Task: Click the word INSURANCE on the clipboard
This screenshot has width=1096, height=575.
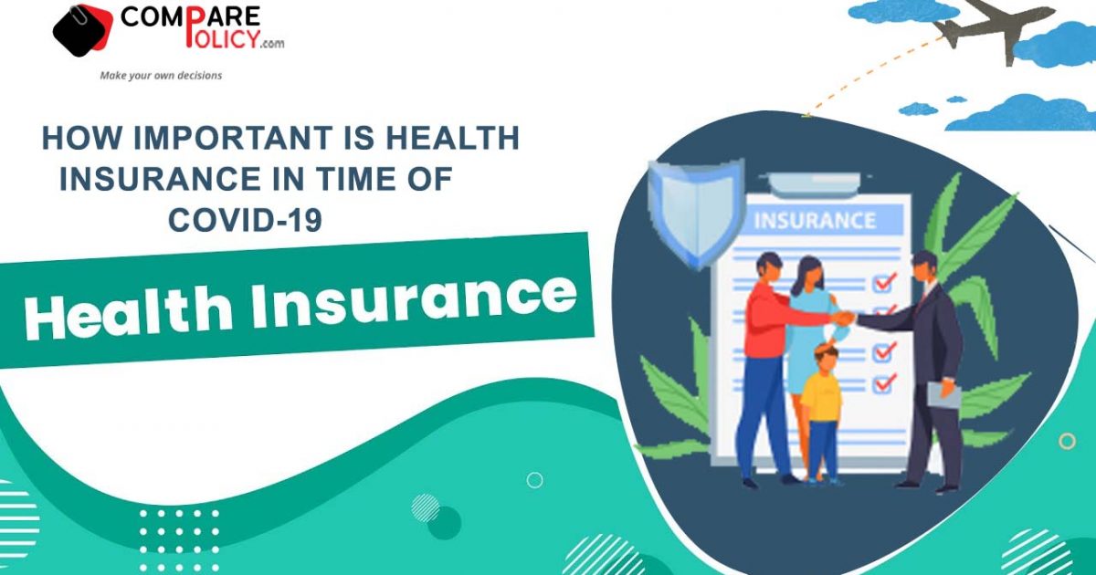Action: click(x=815, y=221)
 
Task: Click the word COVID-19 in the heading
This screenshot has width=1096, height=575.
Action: click(x=245, y=219)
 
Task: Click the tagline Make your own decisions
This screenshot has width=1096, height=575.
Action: click(x=161, y=75)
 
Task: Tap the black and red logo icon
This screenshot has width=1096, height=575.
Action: click(x=83, y=30)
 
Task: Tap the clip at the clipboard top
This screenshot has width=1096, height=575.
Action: click(x=815, y=184)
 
